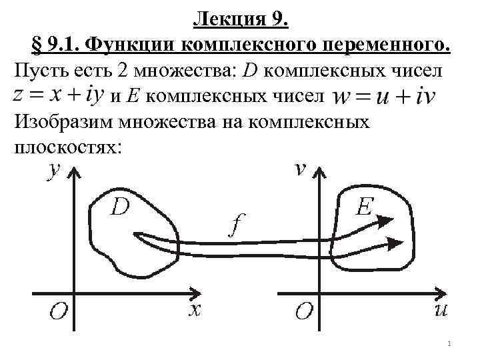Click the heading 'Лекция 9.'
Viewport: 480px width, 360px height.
[x=241, y=21]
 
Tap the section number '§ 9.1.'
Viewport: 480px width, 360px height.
[x=57, y=46]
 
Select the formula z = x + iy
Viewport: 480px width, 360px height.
[x=57, y=95]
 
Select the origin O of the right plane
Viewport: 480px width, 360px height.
[x=305, y=312]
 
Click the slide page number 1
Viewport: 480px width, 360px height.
[x=451, y=344]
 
